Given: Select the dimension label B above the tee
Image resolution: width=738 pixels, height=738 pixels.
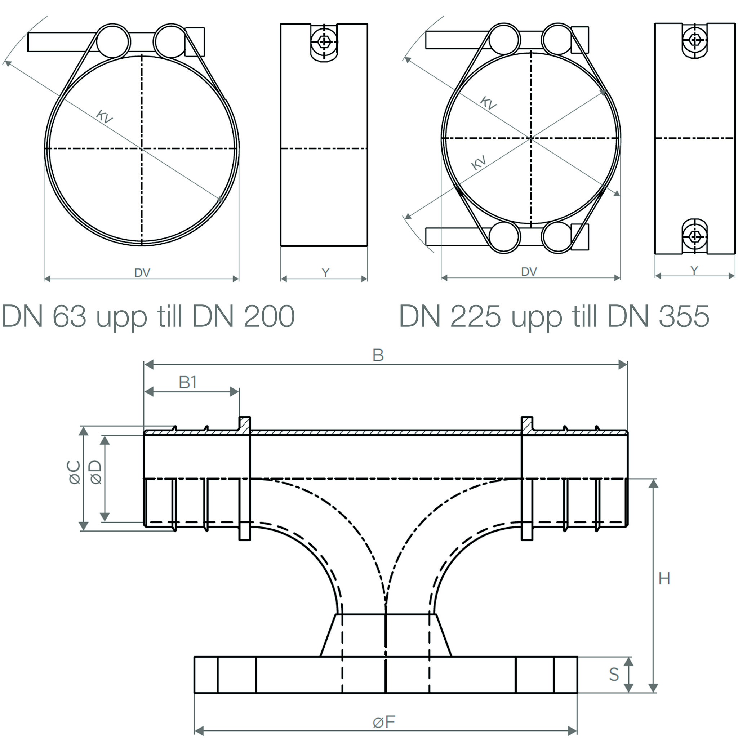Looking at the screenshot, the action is [x=378, y=355].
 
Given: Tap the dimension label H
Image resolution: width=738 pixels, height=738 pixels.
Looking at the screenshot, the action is [x=664, y=579].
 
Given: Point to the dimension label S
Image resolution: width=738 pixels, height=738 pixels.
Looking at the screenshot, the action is [x=614, y=675].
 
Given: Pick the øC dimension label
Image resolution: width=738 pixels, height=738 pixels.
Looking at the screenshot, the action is [x=75, y=472].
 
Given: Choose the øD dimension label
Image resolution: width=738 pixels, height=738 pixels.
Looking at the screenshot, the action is [x=95, y=472].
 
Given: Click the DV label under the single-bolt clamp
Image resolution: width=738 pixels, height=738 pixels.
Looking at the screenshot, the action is [x=142, y=273].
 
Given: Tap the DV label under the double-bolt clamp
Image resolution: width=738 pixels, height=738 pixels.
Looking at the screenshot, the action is [x=529, y=272].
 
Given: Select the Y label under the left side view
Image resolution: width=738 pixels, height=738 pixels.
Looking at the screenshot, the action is [x=325, y=273].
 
